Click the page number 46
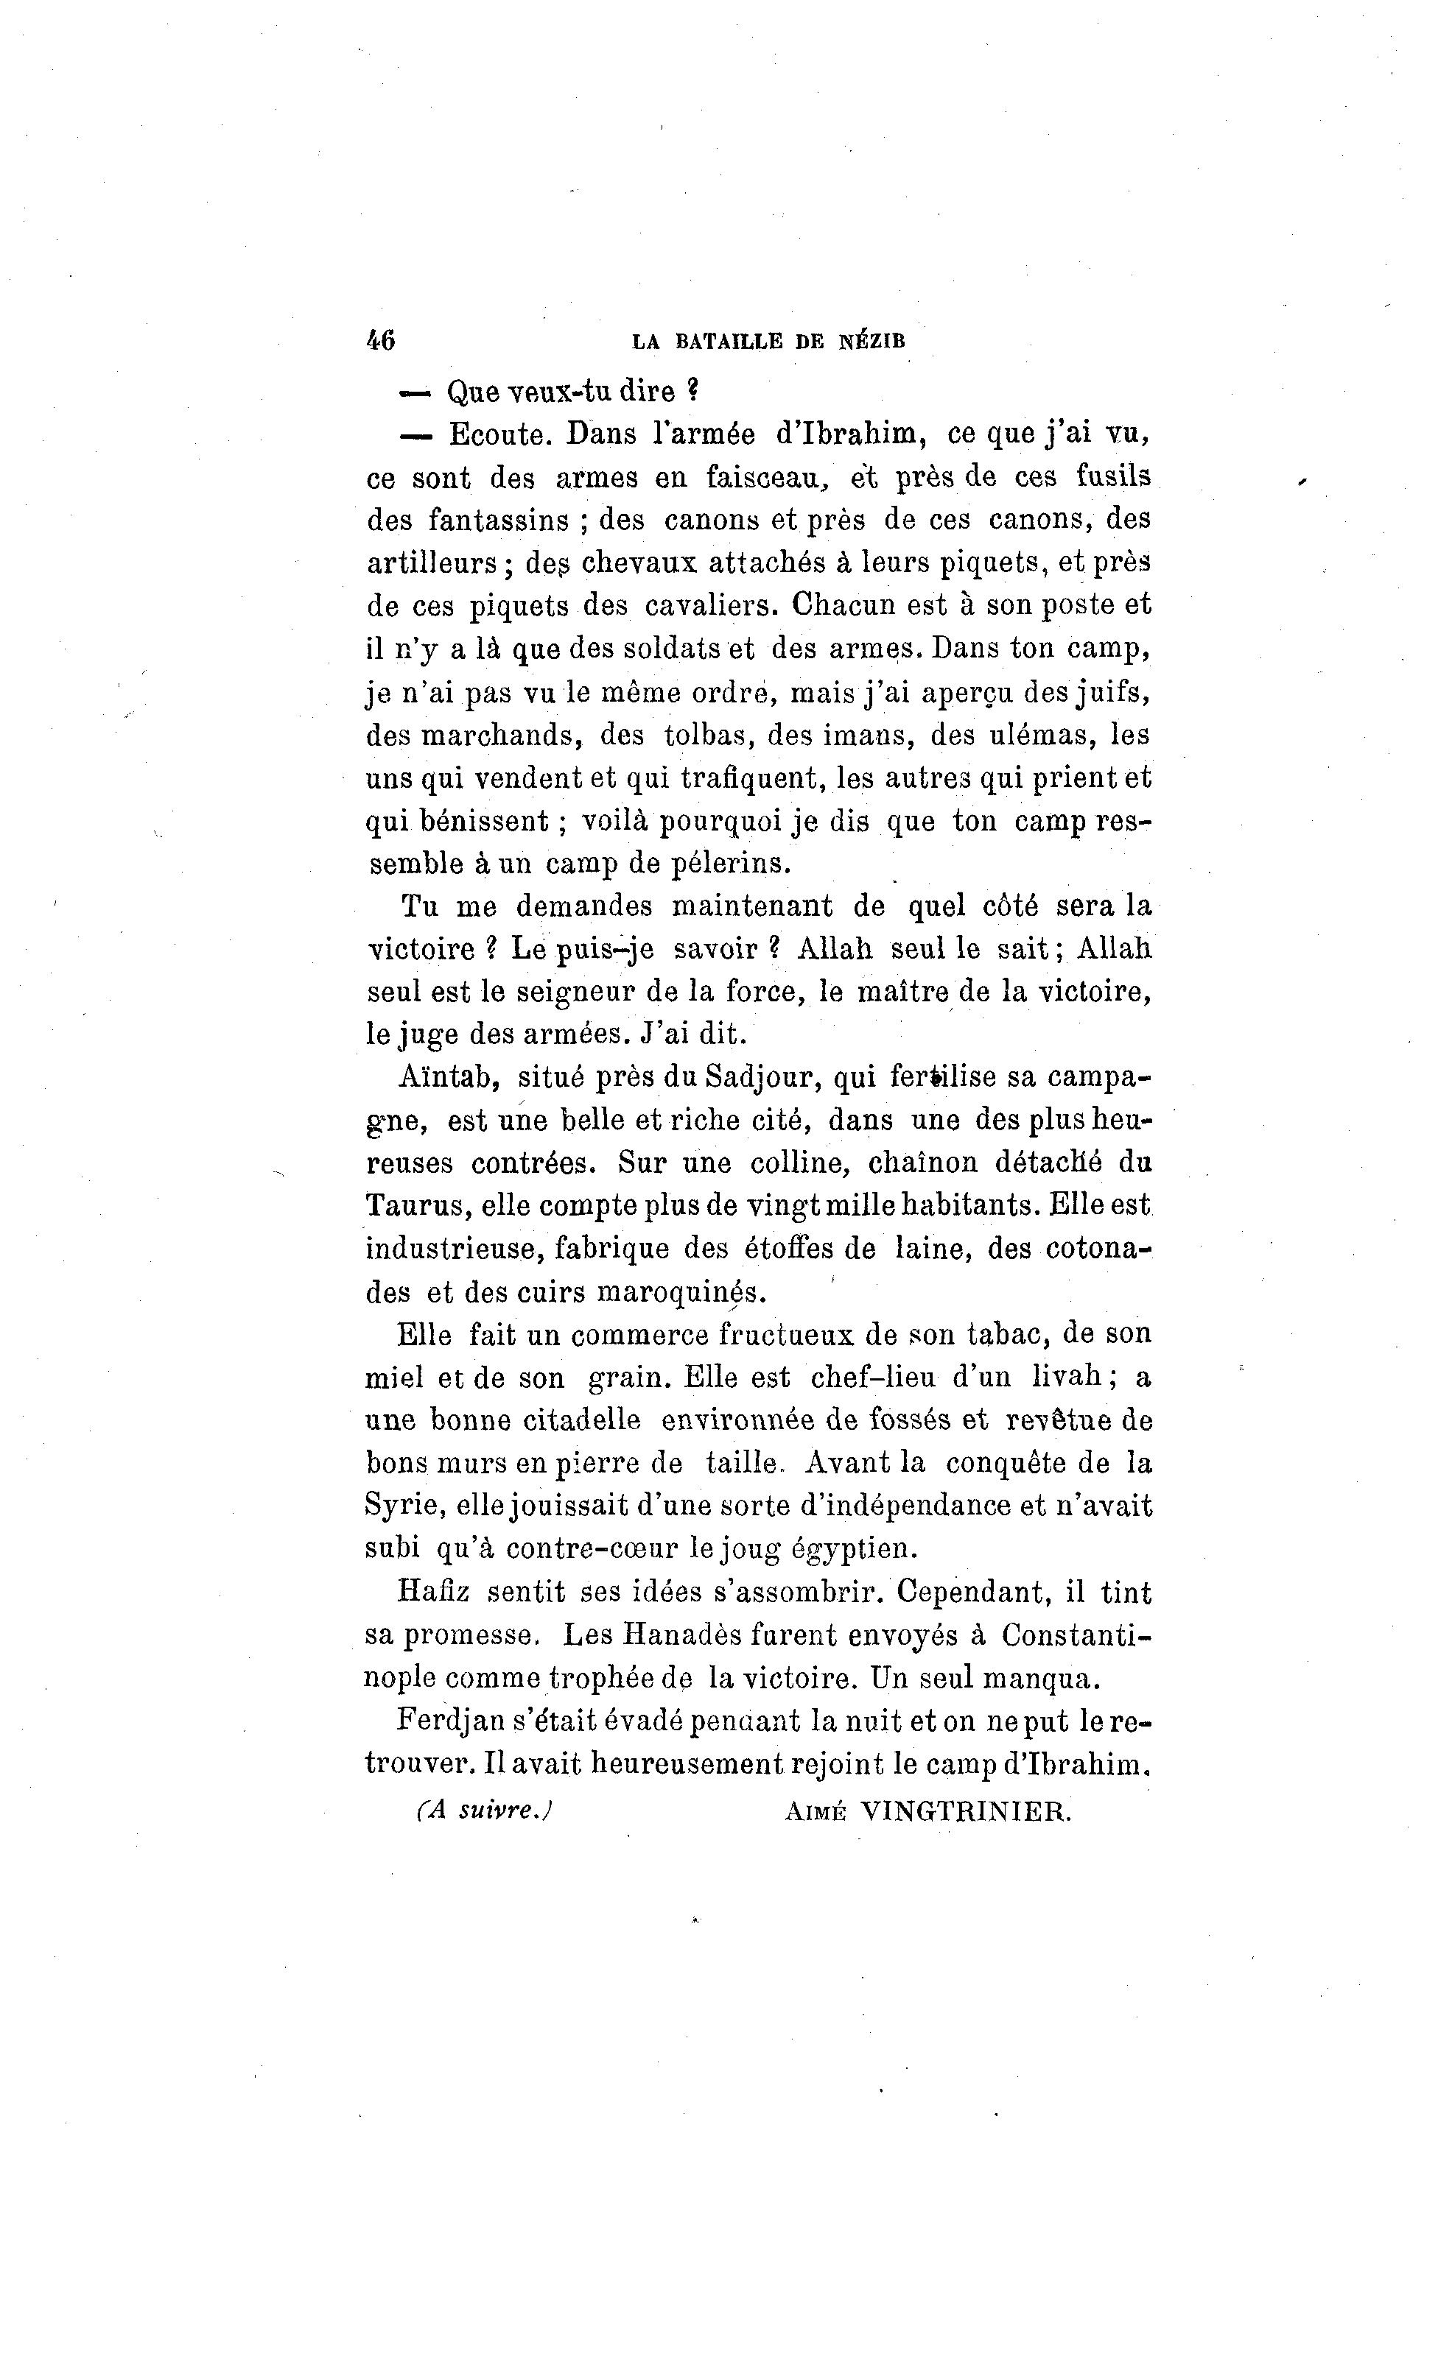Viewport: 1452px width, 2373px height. pyautogui.click(x=381, y=340)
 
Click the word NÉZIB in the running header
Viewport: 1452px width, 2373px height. pyautogui.click(x=872, y=341)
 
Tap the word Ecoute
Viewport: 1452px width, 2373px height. pyautogui.click(x=500, y=434)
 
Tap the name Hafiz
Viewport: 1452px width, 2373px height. pyautogui.click(x=432, y=1592)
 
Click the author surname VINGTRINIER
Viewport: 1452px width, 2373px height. pyautogui.click(x=964, y=1811)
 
